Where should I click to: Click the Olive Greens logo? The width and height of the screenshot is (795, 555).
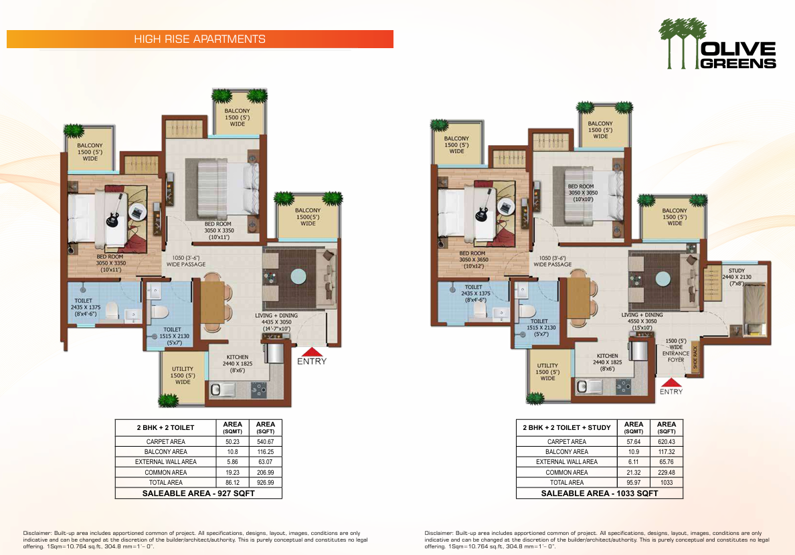pyautogui.click(x=717, y=43)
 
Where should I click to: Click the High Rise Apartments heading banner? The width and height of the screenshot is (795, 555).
pyautogui.click(x=200, y=39)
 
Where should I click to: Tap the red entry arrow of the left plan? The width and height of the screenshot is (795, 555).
pyautogui.click(x=311, y=352)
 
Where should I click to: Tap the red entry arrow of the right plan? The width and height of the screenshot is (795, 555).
pyautogui.click(x=671, y=382)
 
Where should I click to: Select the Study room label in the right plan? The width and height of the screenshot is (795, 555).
pyautogui.click(x=737, y=277)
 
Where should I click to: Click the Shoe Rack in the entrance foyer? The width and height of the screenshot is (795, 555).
pyautogui.click(x=695, y=357)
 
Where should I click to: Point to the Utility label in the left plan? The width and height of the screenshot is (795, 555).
pyautogui.click(x=183, y=376)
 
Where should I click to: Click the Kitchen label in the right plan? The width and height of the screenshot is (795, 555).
pyautogui.click(x=608, y=362)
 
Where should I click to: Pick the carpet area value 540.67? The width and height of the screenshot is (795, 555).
pyautogui.click(x=265, y=441)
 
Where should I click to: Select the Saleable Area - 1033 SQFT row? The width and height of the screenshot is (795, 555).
pyautogui.click(x=600, y=493)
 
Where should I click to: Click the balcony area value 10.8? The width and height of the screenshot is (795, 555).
pyautogui.click(x=232, y=451)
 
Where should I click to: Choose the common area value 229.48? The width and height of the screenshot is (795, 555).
pyautogui.click(x=667, y=472)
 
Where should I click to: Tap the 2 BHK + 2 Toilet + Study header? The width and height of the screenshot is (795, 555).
pyautogui.click(x=567, y=428)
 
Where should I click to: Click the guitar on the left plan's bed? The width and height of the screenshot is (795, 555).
pyautogui.click(x=114, y=213)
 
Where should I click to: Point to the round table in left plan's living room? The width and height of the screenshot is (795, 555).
pyautogui.click(x=298, y=276)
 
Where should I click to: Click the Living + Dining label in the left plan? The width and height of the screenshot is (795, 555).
pyautogui.click(x=276, y=322)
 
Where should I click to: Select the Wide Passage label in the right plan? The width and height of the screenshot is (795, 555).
pyautogui.click(x=552, y=261)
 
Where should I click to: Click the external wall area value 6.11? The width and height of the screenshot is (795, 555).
pyautogui.click(x=633, y=462)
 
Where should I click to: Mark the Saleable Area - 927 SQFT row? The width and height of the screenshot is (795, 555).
pyautogui.click(x=199, y=493)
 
